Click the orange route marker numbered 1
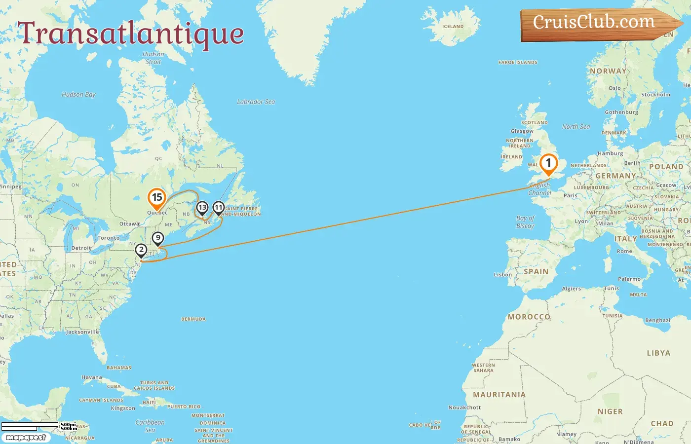pyautogui.click(x=548, y=163)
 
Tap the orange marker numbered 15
pyautogui.click(x=156, y=198)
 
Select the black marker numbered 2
pyautogui.click(x=141, y=250)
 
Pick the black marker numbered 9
pyautogui.click(x=157, y=239)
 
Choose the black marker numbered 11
pyautogui.click(x=218, y=208)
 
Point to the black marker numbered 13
pyautogui.click(x=202, y=208)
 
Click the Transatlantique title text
pyautogui.click(x=131, y=34)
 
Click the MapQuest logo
pyautogui.click(x=26, y=438)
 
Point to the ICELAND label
pyautogui.click(x=453, y=27)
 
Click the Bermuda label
pyautogui.click(x=193, y=319)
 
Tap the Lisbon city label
pyautogui.click(x=502, y=275)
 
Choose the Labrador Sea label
pyautogui.click(x=256, y=102)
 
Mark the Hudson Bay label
pyautogui.click(x=78, y=94)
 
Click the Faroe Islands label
pyautogui.click(x=518, y=63)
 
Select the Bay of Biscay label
pyautogui.click(x=525, y=222)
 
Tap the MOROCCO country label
pyautogui.click(x=529, y=317)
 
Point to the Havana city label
pyautogui.click(x=92, y=377)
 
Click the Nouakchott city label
pyautogui.click(x=464, y=407)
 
